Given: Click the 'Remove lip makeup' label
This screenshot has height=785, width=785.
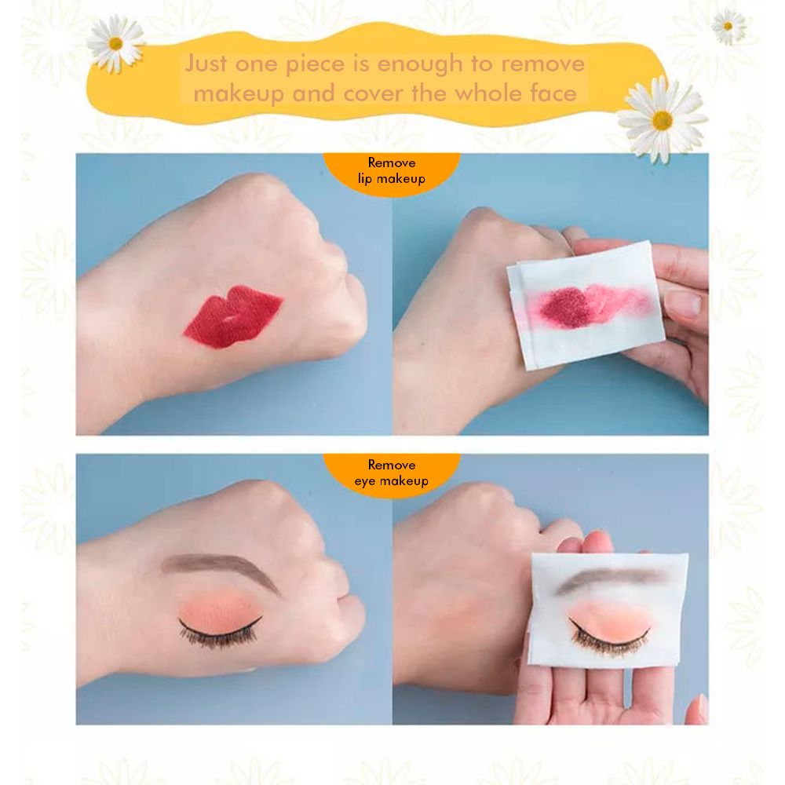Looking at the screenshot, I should tap(392, 171).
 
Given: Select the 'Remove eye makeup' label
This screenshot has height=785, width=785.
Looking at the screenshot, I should tap(392, 473).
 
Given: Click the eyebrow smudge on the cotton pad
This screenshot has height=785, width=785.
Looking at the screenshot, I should tap(612, 579).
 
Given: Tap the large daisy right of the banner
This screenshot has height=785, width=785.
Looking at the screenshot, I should tap(662, 119).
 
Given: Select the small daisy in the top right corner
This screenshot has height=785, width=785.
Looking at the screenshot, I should tap(728, 26).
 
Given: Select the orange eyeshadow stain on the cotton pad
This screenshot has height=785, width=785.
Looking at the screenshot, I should tap(608, 608).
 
